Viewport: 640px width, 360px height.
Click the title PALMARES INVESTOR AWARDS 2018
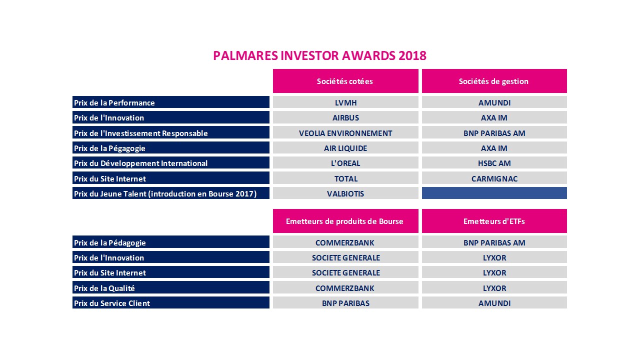pos(319,55)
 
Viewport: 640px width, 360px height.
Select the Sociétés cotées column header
pos(345,81)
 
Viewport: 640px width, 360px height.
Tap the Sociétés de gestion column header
pos(493,81)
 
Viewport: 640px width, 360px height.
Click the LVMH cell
pos(345,102)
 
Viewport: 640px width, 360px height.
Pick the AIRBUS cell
pos(345,117)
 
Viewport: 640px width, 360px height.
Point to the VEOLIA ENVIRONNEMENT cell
pos(345,133)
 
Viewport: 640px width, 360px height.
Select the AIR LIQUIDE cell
pos(345,148)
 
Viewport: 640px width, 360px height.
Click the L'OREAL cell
pos(345,163)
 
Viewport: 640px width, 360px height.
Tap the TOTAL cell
pos(345,178)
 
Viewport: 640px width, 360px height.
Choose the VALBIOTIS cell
pos(345,193)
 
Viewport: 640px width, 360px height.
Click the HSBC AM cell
pos(494,163)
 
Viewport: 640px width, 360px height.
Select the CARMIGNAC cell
pos(494,178)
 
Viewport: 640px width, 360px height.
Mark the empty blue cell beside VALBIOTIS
pos(494,193)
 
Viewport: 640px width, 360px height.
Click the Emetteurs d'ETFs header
pos(494,221)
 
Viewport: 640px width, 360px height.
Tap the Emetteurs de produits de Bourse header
pos(345,221)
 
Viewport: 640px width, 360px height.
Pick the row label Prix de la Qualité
pos(170,288)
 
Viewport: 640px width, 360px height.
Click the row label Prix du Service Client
pos(170,303)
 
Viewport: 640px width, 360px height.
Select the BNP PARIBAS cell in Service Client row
pos(345,303)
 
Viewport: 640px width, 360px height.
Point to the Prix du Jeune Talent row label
pos(170,193)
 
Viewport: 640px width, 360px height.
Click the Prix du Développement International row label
pos(170,163)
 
